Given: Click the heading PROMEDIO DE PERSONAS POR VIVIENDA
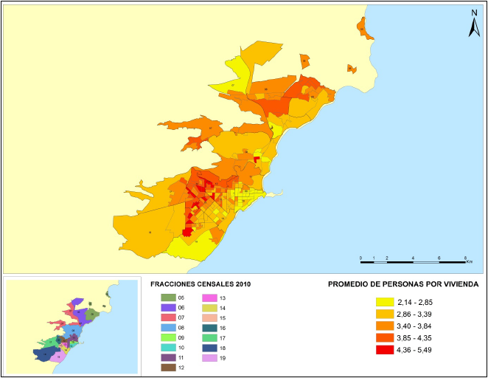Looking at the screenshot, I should click(402, 283).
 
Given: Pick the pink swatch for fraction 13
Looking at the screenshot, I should click(210, 297).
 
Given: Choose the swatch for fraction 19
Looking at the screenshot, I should click(210, 357).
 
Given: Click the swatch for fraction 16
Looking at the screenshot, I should click(210, 327).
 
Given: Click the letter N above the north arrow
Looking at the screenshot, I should click(474, 13).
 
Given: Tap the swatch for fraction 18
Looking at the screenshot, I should click(210, 347).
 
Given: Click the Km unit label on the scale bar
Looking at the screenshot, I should click(469, 261).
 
